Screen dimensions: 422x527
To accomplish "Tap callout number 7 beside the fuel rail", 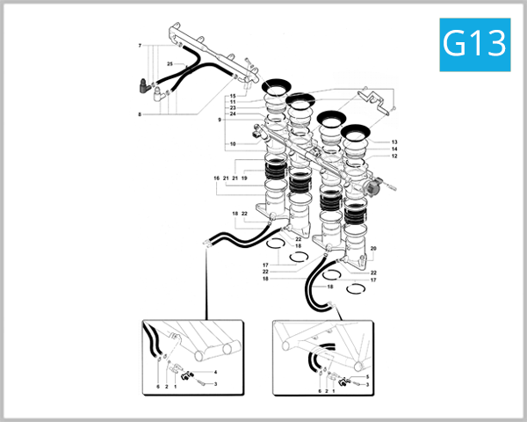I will [139, 45].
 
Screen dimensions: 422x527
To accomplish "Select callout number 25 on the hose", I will [170, 65].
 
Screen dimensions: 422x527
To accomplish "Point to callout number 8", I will [139, 113].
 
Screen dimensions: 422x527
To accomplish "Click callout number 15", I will [233, 95].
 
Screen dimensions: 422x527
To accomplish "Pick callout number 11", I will [233, 102].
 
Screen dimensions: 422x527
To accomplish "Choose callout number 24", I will [233, 114].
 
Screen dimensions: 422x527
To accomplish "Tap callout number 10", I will [233, 143].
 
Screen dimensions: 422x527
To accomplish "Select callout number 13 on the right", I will [394, 142].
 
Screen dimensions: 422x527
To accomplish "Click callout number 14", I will [394, 149].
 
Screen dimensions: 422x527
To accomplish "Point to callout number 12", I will [394, 156].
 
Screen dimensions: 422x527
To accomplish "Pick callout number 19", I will [244, 178].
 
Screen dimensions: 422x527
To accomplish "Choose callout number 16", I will [215, 178].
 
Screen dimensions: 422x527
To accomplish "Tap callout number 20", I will [373, 250].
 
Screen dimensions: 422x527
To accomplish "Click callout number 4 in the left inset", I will [215, 373].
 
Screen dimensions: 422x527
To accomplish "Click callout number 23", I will [233, 108].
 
